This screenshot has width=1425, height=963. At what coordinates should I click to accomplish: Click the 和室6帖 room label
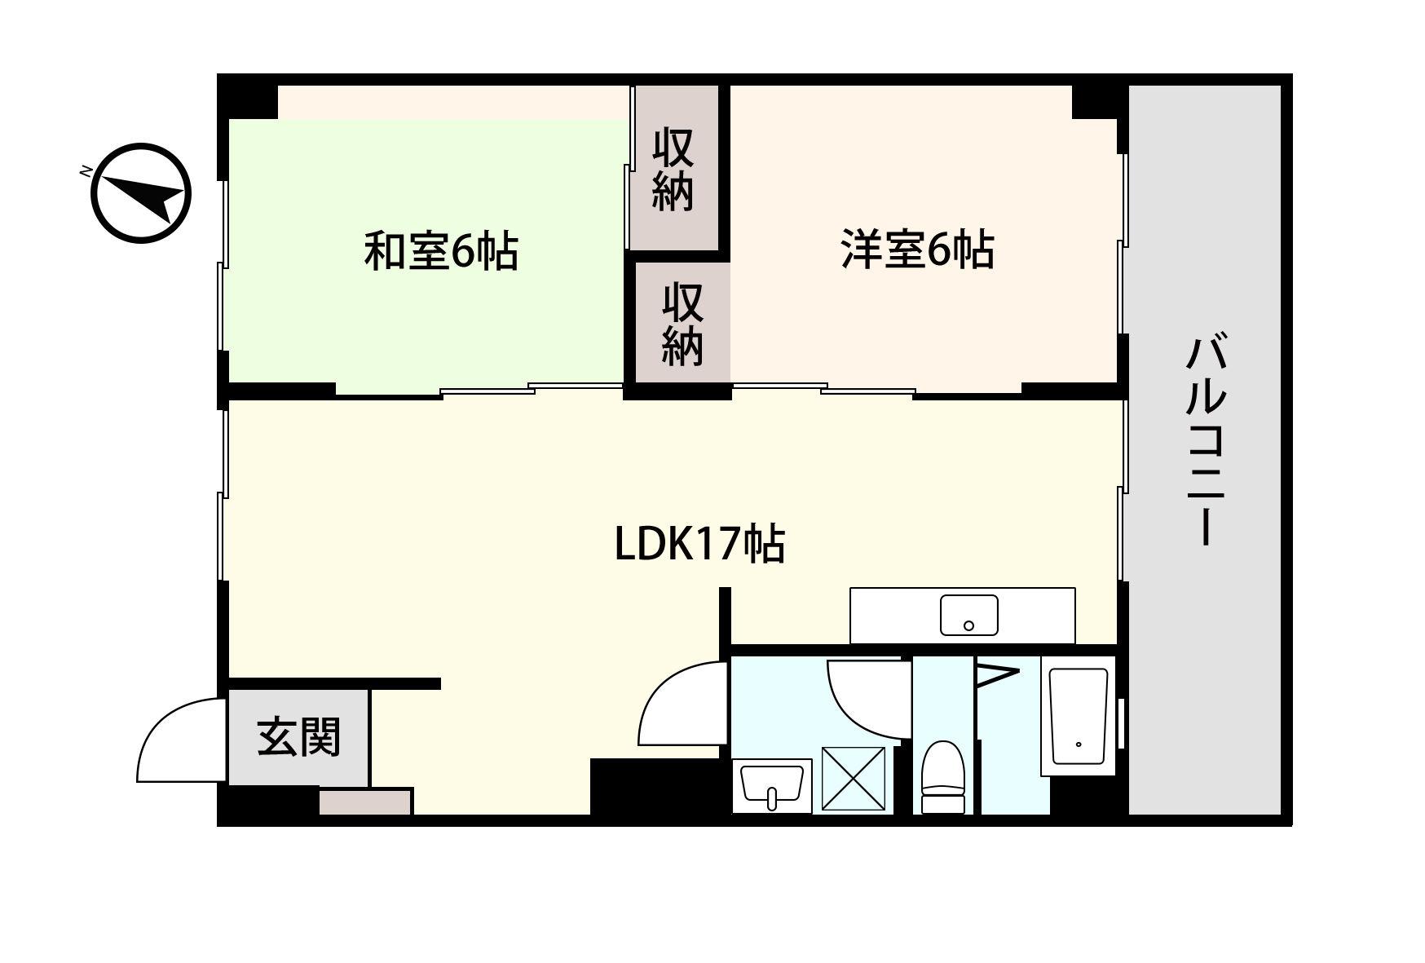tap(440, 250)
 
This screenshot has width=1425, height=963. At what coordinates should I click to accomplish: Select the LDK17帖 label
tap(699, 544)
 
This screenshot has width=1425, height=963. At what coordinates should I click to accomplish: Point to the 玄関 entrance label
tap(298, 737)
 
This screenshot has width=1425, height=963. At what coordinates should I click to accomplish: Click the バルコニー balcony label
tap(1205, 440)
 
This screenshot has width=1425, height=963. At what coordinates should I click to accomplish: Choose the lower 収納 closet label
tap(682, 324)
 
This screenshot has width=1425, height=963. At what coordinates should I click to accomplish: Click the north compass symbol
tap(140, 193)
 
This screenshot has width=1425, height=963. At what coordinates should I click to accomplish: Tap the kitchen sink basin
tap(968, 615)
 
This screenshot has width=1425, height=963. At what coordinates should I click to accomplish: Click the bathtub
tap(1078, 716)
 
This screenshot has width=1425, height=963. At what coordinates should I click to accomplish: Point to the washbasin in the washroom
tap(771, 785)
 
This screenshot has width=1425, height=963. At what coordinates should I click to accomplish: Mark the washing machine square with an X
tap(853, 779)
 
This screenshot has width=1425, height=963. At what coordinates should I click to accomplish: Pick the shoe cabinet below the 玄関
tap(365, 802)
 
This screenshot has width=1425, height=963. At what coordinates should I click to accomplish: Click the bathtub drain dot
tap(1078, 744)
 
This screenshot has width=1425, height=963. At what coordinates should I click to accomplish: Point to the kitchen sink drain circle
tap(968, 625)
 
